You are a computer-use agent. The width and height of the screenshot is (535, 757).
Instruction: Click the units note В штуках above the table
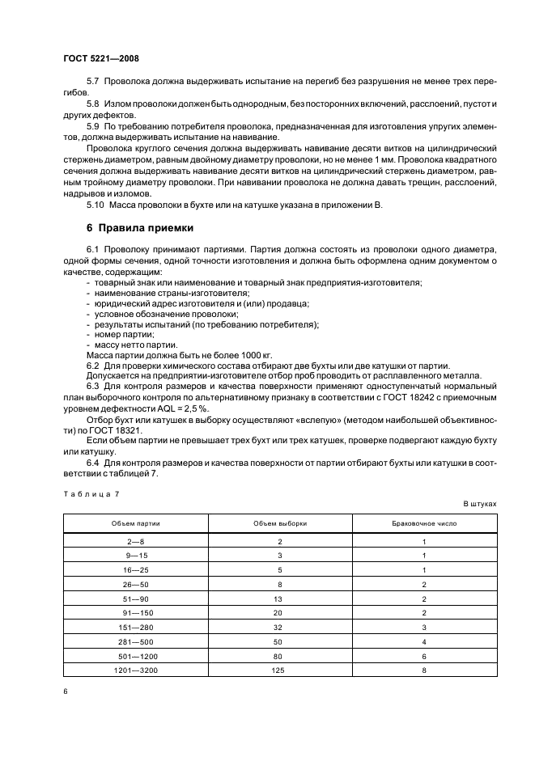479,503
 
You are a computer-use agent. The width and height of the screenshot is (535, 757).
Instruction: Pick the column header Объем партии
136,523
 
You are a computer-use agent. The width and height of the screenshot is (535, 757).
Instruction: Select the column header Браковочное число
424,523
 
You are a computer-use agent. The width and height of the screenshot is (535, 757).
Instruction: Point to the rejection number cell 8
424,670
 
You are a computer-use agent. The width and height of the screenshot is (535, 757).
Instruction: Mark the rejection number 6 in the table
424,656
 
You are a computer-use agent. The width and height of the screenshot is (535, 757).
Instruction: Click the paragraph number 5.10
96,205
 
